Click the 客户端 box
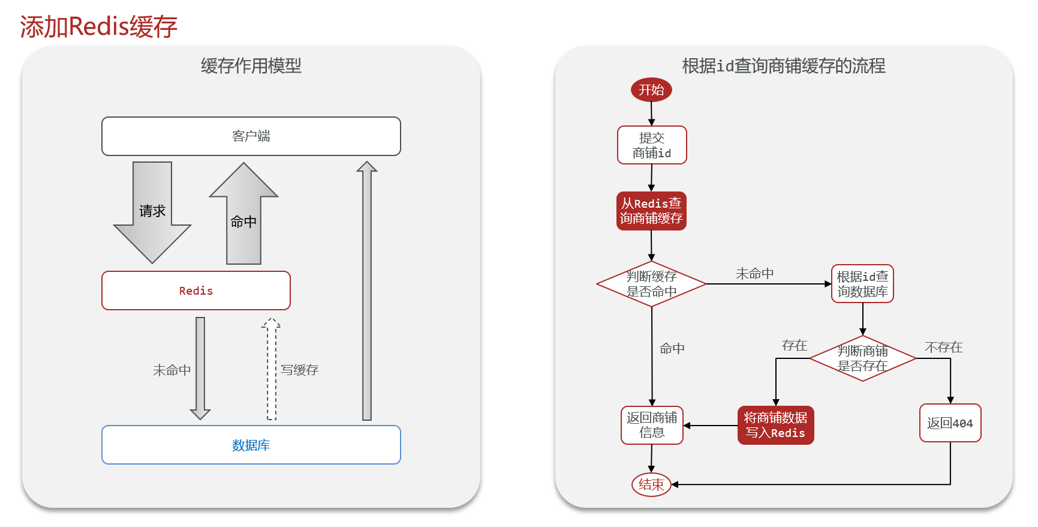pyautogui.click(x=251, y=136)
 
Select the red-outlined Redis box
pyautogui.click(x=195, y=291)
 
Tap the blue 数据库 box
pyautogui.click(x=251, y=445)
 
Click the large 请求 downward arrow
pyautogui.click(x=152, y=211)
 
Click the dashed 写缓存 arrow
pyautogui.click(x=272, y=369)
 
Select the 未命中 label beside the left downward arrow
pyautogui.click(x=172, y=370)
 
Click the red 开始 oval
pyautogui.click(x=651, y=90)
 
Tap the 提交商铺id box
pyautogui.click(x=652, y=145)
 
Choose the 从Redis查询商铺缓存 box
pyautogui.click(x=651, y=211)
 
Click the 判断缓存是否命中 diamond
pyautogui.click(x=651, y=284)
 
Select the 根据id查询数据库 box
pyautogui.click(x=862, y=284)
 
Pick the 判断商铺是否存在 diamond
pyautogui.click(x=862, y=358)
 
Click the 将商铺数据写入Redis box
pyautogui.click(x=775, y=425)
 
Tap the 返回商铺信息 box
pyautogui.click(x=652, y=425)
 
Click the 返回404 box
pyautogui.click(x=950, y=423)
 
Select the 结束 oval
pyautogui.click(x=651, y=484)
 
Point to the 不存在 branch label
pyautogui.click(x=943, y=347)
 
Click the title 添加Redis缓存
pyautogui.click(x=99, y=27)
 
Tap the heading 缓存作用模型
pyautogui.click(x=251, y=66)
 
